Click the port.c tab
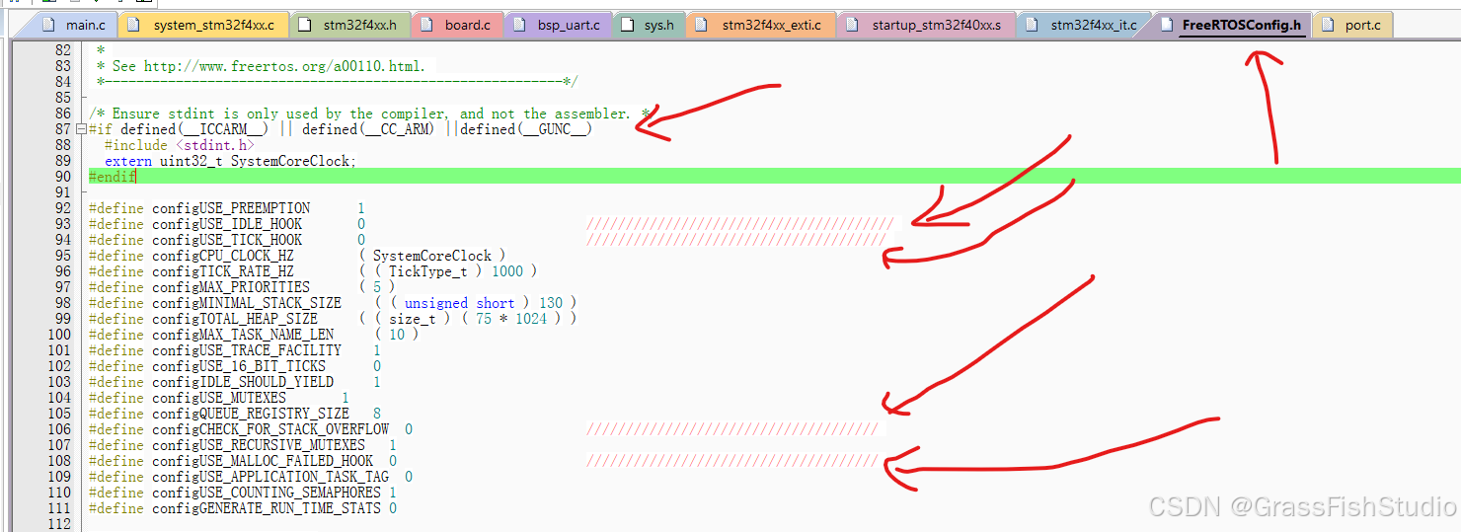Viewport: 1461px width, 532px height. click(1362, 24)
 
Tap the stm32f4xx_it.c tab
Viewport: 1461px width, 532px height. click(1093, 24)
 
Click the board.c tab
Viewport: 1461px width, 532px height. click(466, 24)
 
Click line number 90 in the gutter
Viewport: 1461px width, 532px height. click(61, 177)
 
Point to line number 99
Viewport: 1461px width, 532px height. click(61, 319)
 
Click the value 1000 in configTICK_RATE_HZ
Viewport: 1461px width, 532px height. click(506, 271)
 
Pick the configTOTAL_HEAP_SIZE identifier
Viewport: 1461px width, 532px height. click(235, 319)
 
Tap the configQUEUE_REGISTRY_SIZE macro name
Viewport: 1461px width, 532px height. click(251, 414)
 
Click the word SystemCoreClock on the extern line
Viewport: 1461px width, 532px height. click(292, 161)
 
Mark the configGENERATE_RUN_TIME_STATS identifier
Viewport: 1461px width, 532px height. click(267, 508)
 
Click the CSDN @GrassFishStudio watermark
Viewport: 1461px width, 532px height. click(1301, 506)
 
